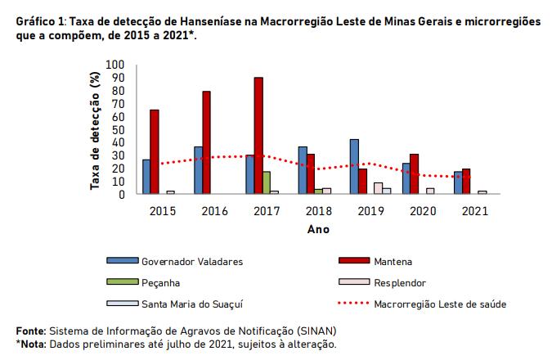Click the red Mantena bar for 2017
click(258, 136)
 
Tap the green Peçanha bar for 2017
click(267, 183)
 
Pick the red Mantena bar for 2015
click(154, 152)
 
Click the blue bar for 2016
click(198, 171)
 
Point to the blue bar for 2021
click(458, 183)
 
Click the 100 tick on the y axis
click(115, 65)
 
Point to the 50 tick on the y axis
click(119, 129)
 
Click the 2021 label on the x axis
click(473, 211)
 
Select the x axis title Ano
click(318, 230)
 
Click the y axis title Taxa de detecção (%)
click(95, 131)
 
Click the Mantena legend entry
click(392, 262)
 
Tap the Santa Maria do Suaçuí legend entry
click(194, 304)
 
